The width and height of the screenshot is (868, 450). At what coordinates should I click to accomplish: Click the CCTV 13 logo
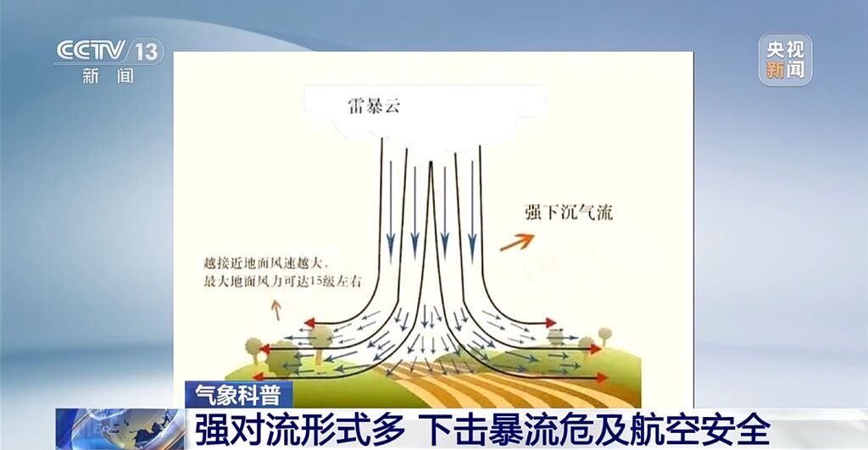[109, 51]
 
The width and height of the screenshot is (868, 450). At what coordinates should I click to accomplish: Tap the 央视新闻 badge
[785, 60]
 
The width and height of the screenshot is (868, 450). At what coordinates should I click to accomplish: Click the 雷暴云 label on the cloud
[374, 104]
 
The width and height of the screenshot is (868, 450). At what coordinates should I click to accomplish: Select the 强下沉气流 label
[569, 212]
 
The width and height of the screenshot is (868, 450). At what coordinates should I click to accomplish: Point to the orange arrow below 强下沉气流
[517, 242]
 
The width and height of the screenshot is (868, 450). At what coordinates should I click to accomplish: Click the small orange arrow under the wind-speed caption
[275, 309]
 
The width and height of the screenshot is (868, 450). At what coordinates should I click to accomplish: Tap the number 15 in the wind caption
[315, 281]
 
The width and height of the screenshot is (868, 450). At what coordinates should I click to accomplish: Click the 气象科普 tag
[237, 395]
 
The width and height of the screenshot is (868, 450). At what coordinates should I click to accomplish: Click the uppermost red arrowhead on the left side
[309, 323]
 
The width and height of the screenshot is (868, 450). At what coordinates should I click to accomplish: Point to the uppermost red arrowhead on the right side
[551, 323]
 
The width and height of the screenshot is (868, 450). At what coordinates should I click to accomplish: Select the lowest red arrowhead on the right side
[603, 378]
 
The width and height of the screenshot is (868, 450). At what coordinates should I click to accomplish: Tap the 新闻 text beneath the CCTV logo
[108, 75]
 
